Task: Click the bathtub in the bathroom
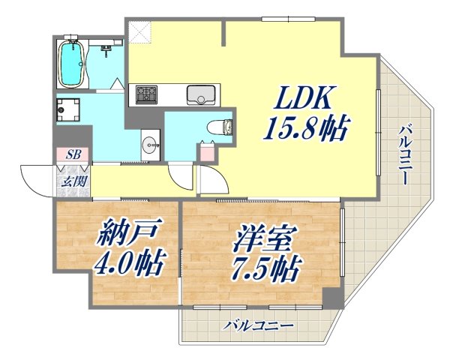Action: tap(72, 61)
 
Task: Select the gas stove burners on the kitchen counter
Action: tap(145, 95)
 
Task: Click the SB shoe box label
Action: tap(73, 154)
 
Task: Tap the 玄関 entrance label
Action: tap(73, 181)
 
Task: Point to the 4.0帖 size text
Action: tap(130, 265)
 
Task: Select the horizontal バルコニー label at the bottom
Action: tap(258, 326)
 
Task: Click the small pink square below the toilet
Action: tap(206, 151)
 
